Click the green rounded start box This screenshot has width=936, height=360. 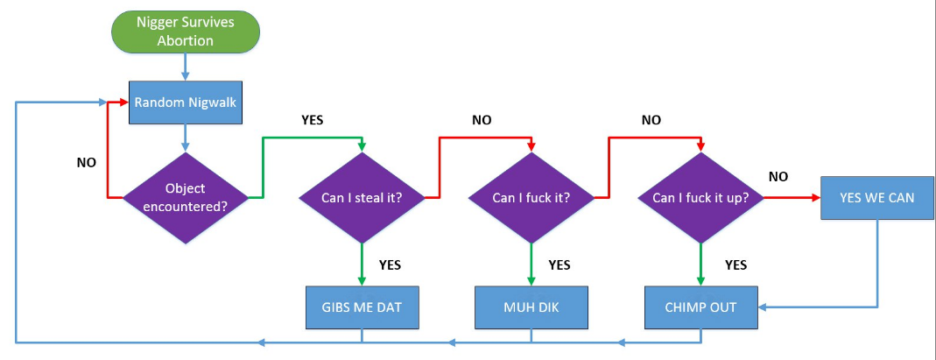pos(185,31)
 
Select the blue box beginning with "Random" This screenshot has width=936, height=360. pos(185,102)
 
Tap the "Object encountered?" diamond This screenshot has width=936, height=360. pos(185,197)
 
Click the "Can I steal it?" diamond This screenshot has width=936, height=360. pos(362,197)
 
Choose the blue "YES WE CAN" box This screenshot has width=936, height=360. pos(876,198)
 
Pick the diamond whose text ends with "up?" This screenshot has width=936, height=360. pos(700,197)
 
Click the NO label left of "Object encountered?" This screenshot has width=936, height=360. pos(86,162)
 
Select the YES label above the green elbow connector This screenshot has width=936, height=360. pos(313,119)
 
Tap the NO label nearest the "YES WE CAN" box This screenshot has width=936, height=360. pos(778,177)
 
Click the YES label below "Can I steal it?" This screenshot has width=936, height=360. pos(390,265)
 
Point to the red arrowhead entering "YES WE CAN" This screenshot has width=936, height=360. pos(815,197)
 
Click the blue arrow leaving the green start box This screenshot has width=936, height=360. pos(185,67)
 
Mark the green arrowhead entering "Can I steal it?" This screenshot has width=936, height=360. pos(362,147)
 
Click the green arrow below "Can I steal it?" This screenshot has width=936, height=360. pos(362,265)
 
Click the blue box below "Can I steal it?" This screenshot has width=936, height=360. pos(362,307)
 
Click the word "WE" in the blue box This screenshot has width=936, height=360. pos(876,198)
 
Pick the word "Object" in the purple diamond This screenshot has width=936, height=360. pos(185,188)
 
